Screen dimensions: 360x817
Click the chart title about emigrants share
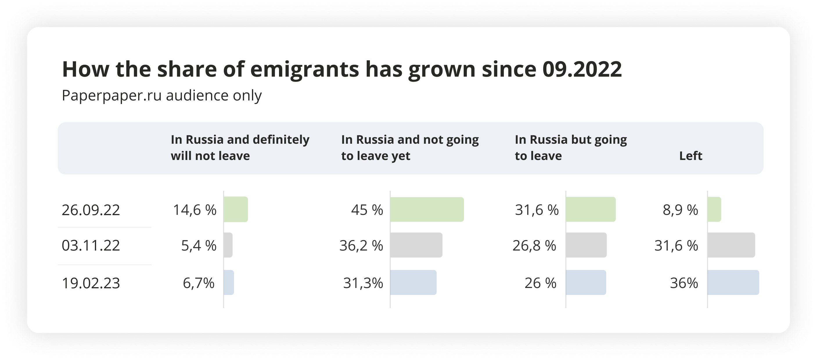[342, 69]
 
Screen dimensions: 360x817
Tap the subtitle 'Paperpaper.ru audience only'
[162, 96]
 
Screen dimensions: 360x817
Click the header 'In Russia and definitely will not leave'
[240, 148]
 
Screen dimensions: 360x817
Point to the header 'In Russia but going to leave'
[571, 148]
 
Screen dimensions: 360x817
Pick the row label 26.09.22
[91, 210]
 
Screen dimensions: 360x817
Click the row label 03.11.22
[91, 246]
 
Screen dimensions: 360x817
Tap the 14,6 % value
[195, 210]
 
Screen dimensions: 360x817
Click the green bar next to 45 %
[427, 209]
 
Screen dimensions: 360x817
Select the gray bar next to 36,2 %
[416, 245]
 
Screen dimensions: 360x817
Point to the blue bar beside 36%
[733, 282]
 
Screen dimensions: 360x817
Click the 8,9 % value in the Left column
[680, 210]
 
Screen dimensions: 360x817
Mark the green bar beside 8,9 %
[714, 209]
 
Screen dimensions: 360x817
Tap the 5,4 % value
[199, 246]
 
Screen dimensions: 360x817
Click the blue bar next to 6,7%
[229, 282]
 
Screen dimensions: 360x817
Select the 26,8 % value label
[534, 246]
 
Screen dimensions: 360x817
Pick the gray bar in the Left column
[731, 245]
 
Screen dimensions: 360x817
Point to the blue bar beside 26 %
[586, 282]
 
